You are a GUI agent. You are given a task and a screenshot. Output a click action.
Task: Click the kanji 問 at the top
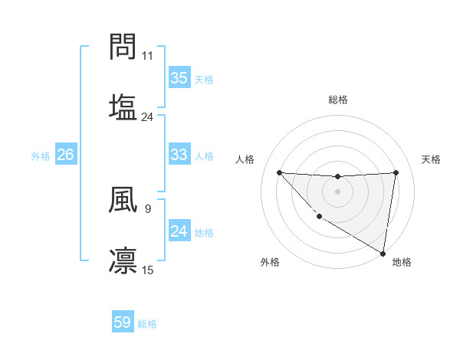click(123, 47)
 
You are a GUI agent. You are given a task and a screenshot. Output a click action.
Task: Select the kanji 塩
click(123, 106)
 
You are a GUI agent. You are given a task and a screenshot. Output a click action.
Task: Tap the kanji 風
click(123, 201)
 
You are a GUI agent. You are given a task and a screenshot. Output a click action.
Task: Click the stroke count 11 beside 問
click(148, 56)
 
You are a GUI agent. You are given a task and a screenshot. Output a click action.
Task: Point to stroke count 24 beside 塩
click(147, 116)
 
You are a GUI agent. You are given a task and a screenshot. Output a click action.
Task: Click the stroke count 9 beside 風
click(147, 207)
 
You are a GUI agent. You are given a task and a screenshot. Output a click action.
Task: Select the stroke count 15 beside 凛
click(148, 270)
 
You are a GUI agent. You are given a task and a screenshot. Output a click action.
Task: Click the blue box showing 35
click(179, 78)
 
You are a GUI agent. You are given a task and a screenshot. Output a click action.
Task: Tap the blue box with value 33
click(179, 155)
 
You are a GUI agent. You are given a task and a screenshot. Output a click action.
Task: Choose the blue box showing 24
click(179, 231)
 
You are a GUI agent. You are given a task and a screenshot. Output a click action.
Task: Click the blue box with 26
click(65, 155)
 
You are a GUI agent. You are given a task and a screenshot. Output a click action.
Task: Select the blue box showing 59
click(123, 322)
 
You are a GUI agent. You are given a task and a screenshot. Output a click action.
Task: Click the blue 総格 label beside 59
click(147, 324)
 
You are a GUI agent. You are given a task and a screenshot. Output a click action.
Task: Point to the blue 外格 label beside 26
click(41, 156)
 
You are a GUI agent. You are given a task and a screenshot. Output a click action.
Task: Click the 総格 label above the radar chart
click(337, 100)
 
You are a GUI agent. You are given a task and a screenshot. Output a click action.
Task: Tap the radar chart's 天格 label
click(431, 159)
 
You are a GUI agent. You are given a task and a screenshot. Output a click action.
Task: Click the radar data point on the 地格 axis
click(383, 253)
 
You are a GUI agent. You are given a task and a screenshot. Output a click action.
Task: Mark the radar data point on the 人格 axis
click(279, 172)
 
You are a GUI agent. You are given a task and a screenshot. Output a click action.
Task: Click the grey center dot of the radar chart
click(337, 191)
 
